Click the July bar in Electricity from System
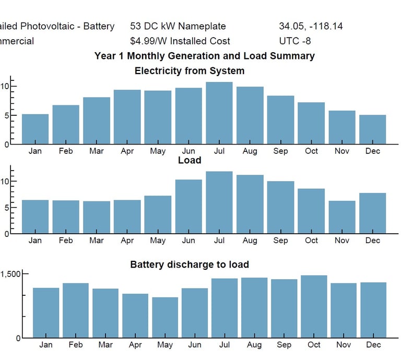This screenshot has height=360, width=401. (x=219, y=113)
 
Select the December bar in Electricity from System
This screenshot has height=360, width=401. (x=373, y=129)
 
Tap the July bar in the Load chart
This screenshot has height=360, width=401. (x=219, y=202)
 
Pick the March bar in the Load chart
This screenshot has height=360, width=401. (x=97, y=217)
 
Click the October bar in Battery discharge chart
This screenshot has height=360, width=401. (x=314, y=306)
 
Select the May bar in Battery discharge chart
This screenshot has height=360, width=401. (x=165, y=317)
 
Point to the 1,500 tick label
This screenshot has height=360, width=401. (x=10, y=274)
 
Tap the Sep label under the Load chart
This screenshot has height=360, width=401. (x=280, y=241)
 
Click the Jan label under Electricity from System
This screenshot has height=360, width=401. (x=35, y=151)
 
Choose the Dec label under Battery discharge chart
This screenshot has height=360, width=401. (x=373, y=345)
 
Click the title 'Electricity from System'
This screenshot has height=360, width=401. (x=190, y=70)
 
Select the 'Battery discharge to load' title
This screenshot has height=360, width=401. (x=190, y=265)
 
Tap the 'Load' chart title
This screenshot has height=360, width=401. (x=190, y=160)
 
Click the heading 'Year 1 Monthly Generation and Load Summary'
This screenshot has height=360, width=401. (x=205, y=56)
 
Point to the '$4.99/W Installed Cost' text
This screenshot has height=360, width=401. (x=180, y=41)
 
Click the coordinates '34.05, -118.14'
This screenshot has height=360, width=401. (x=311, y=26)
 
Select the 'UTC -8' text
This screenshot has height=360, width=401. (x=295, y=41)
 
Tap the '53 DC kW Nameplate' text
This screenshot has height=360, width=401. (x=178, y=26)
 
